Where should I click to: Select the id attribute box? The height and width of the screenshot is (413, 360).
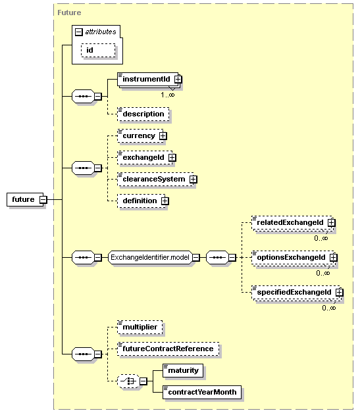[x=98, y=50]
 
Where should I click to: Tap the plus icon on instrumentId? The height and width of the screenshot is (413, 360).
[x=178, y=79]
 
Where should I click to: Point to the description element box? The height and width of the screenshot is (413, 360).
[x=143, y=114]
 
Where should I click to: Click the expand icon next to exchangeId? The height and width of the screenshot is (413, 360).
[x=172, y=158]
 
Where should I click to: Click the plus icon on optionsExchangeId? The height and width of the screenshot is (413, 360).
[x=334, y=257]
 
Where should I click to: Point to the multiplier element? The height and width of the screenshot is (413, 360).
[x=140, y=327]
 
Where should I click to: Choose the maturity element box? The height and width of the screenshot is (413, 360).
[x=183, y=371]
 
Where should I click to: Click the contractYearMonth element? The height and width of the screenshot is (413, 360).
[x=202, y=392]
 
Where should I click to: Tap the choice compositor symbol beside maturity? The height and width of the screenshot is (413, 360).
[x=128, y=381]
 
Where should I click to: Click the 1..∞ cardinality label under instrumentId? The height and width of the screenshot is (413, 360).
[x=168, y=95]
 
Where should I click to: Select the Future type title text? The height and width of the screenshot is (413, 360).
[x=69, y=12]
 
